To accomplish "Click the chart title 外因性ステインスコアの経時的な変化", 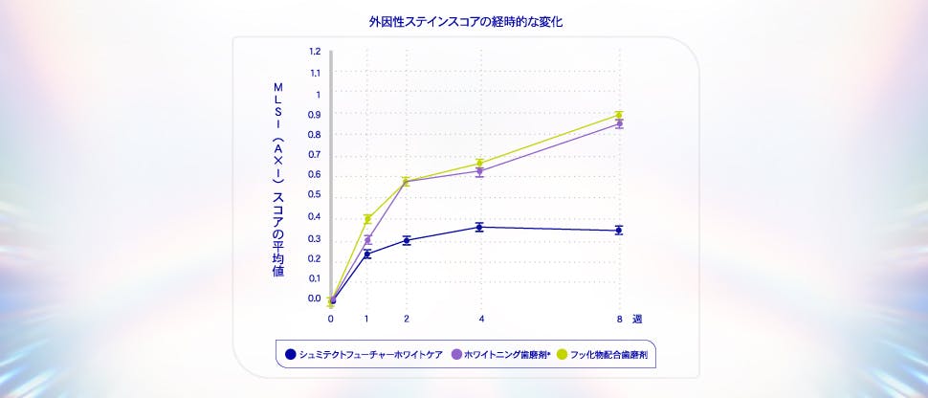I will [465, 20].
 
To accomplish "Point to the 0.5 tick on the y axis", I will [315, 195].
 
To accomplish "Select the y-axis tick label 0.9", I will [315, 114].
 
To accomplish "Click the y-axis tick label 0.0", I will [315, 298].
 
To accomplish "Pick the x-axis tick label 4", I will [480, 319].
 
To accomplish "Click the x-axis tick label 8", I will [619, 319].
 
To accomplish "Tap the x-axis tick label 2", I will [407, 319].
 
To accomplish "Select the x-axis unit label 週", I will [637, 319].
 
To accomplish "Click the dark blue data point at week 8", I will [619, 230].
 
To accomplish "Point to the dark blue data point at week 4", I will [480, 227].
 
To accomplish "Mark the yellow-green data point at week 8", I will [619, 115].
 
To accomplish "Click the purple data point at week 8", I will [619, 123].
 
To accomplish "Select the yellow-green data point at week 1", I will [367, 219].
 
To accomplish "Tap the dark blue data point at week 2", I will [407, 240].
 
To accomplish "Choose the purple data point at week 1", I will [367, 240].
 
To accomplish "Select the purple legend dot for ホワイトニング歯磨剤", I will [456, 355].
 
